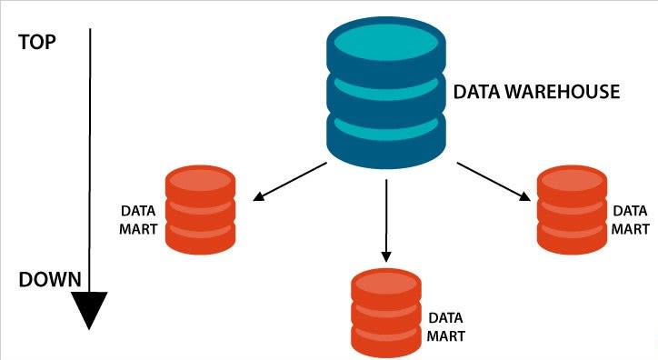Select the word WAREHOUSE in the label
(568, 92)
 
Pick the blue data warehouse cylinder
(386, 96)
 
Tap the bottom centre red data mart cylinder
(386, 313)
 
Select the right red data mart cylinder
(572, 211)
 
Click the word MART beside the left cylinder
(139, 227)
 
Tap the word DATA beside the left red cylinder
(139, 211)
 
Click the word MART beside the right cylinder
(630, 227)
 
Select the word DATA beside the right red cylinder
(630, 211)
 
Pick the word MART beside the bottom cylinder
(446, 335)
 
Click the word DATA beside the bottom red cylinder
(446, 319)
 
